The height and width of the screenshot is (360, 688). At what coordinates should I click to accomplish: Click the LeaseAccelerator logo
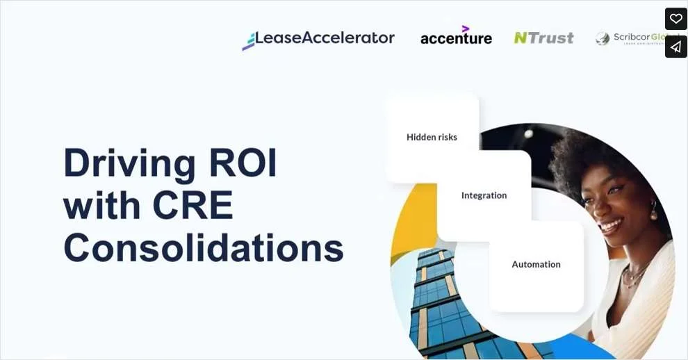click(318, 39)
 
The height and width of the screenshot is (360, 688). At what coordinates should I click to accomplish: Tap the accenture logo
click(456, 38)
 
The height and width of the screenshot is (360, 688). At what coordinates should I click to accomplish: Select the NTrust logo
click(543, 38)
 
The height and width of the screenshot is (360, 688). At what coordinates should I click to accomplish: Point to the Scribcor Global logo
click(636, 38)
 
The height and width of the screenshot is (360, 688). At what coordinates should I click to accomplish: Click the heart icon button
click(675, 19)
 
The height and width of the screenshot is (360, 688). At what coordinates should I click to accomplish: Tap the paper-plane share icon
click(675, 47)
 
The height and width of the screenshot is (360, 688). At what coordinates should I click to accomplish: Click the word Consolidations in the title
click(204, 247)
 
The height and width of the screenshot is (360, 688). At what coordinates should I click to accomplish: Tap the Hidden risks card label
click(432, 137)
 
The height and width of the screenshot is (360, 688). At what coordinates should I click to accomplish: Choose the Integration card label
click(484, 195)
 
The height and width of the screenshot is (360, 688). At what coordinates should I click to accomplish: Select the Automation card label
click(536, 264)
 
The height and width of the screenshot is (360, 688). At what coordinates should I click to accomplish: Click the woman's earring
click(654, 208)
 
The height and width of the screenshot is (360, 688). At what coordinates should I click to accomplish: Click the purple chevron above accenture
click(465, 28)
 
